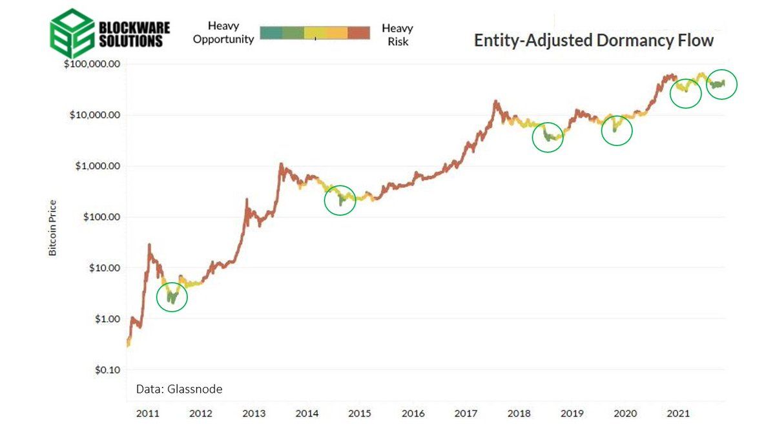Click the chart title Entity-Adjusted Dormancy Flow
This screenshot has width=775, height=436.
[x=594, y=40]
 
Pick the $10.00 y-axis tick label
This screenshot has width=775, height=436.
[x=103, y=268]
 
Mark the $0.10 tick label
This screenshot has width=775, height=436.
[x=105, y=370]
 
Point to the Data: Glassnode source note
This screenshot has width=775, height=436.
[x=179, y=389]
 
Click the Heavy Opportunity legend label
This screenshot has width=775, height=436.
[x=223, y=33]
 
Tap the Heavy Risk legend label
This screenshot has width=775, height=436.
[x=398, y=35]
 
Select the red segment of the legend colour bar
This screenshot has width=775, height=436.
[x=358, y=33]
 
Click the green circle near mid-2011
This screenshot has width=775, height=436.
[x=172, y=297]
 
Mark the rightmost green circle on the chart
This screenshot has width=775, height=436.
[x=721, y=84]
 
